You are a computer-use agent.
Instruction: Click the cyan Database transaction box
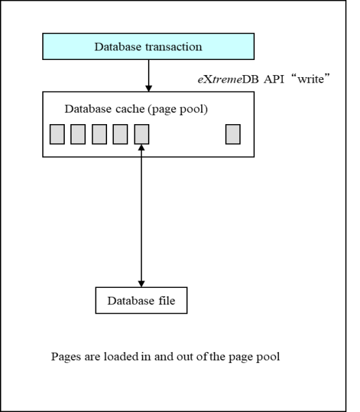coord(149,46)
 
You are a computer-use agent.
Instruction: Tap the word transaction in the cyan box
coord(174,47)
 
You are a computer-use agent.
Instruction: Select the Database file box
coord(141,300)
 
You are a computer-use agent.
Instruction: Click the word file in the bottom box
coord(167,301)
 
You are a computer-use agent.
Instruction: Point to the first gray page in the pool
coord(57,134)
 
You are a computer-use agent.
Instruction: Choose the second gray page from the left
coord(78,134)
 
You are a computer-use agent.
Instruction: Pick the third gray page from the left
coord(100,134)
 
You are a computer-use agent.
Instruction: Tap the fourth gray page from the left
coord(120,134)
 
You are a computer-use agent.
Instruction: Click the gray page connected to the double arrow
coord(142,134)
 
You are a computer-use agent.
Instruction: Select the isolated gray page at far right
coord(233,134)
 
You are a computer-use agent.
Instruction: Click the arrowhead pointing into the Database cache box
coord(149,88)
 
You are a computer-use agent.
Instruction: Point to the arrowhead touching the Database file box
coord(141,284)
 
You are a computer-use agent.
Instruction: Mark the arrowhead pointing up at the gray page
coord(141,147)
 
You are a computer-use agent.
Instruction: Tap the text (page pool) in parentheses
coord(178,109)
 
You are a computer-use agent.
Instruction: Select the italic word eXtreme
coord(220,79)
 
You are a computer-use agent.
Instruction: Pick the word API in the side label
coord(274,79)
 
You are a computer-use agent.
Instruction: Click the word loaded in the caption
coord(121,357)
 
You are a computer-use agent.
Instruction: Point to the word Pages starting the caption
coord(66,357)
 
